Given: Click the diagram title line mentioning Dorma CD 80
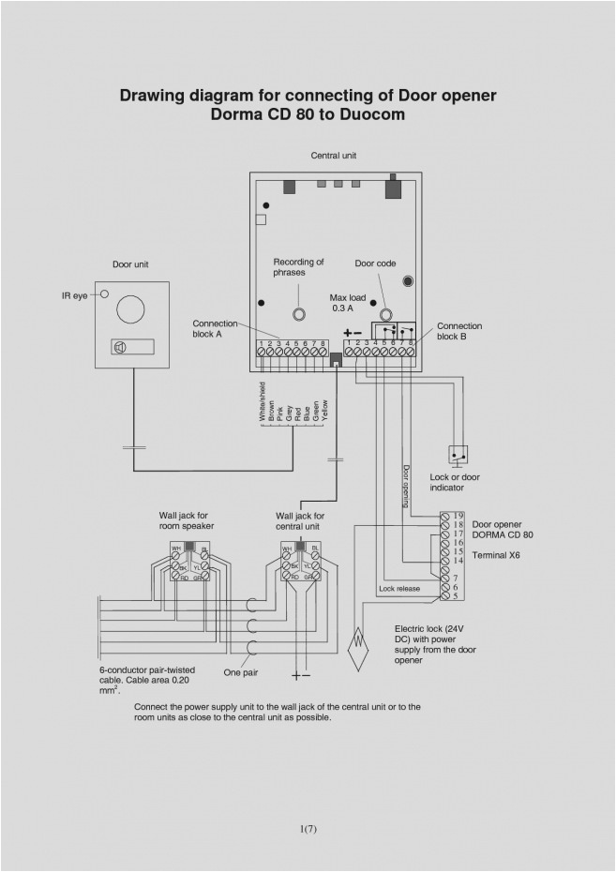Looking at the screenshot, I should click(x=308, y=114).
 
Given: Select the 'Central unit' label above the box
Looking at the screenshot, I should click(x=333, y=156).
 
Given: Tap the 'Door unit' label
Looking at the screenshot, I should click(x=130, y=264).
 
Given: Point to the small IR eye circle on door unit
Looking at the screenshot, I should click(x=105, y=294).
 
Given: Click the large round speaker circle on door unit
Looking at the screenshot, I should click(x=130, y=308).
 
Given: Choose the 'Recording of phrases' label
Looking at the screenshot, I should click(x=298, y=267).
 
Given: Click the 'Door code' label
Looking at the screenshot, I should click(x=375, y=263).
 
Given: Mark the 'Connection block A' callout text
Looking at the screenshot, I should click(x=215, y=328).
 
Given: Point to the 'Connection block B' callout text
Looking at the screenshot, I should click(x=459, y=331).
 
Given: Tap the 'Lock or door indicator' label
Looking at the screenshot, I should click(x=455, y=482).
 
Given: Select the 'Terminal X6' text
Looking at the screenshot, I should click(x=496, y=555).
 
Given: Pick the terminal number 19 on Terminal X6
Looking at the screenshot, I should click(x=458, y=516).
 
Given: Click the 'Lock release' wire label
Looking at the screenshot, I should click(x=398, y=589).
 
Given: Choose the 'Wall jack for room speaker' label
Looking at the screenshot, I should click(x=187, y=521).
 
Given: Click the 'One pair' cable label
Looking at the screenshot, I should click(x=241, y=672).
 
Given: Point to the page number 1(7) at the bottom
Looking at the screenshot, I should click(x=308, y=828).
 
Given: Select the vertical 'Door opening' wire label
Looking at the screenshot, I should click(x=406, y=486).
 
